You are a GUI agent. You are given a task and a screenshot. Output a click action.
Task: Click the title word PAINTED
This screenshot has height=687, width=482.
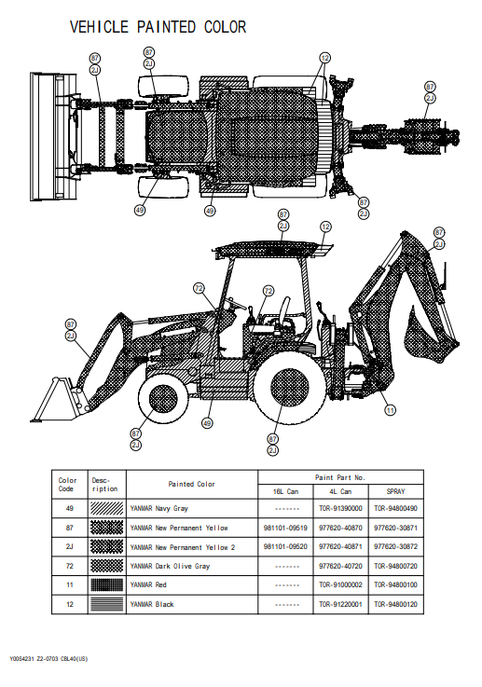166,27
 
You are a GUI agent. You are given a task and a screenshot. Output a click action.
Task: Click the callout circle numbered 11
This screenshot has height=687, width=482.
390,410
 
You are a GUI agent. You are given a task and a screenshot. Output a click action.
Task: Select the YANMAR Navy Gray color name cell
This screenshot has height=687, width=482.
158,508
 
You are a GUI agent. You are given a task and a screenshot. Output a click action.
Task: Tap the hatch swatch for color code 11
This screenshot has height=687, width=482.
106,584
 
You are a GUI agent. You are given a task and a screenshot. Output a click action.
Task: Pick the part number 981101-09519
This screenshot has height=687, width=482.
285,528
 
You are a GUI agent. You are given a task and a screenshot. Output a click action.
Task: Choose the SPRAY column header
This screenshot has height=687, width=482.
395,491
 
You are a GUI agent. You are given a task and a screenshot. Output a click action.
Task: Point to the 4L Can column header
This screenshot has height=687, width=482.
340,491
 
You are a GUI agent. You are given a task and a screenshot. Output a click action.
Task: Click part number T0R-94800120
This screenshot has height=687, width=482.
395,604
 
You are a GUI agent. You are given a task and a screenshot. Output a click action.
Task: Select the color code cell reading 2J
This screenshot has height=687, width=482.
69,547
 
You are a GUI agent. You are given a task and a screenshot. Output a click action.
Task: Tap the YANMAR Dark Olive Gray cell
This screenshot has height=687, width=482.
170,566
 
